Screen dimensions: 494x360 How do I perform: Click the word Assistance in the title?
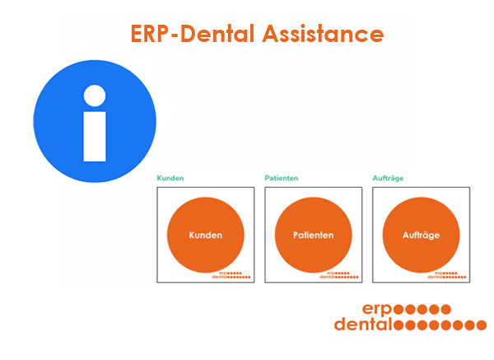click(x=324, y=34)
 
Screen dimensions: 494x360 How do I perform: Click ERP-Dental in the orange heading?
click(x=193, y=34)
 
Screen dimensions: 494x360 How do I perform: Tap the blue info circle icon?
click(x=95, y=121)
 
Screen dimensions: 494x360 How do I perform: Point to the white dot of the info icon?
click(x=95, y=96)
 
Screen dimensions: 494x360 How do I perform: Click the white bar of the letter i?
click(x=95, y=137)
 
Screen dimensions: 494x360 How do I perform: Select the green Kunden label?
click(x=170, y=178)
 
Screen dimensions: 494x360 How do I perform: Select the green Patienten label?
click(x=282, y=178)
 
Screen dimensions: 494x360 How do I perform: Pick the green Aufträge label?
click(x=388, y=179)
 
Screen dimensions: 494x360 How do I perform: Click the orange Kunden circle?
click(x=205, y=235)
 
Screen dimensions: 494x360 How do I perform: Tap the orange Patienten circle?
click(x=313, y=235)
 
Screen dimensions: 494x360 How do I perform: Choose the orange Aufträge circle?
click(x=421, y=235)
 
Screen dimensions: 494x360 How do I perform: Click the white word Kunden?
click(x=205, y=235)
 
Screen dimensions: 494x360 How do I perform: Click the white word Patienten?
click(x=313, y=235)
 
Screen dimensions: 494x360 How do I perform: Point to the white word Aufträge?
click(x=421, y=236)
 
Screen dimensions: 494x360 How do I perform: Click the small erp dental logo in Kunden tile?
click(x=231, y=275)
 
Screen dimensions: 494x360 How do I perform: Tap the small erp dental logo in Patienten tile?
click(x=339, y=275)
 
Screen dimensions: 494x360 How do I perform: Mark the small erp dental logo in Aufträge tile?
click(x=447, y=275)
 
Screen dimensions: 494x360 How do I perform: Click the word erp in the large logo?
click(x=377, y=309)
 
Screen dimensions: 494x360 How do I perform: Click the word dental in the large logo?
click(x=362, y=325)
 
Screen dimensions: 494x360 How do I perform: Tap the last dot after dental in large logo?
click(x=481, y=325)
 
